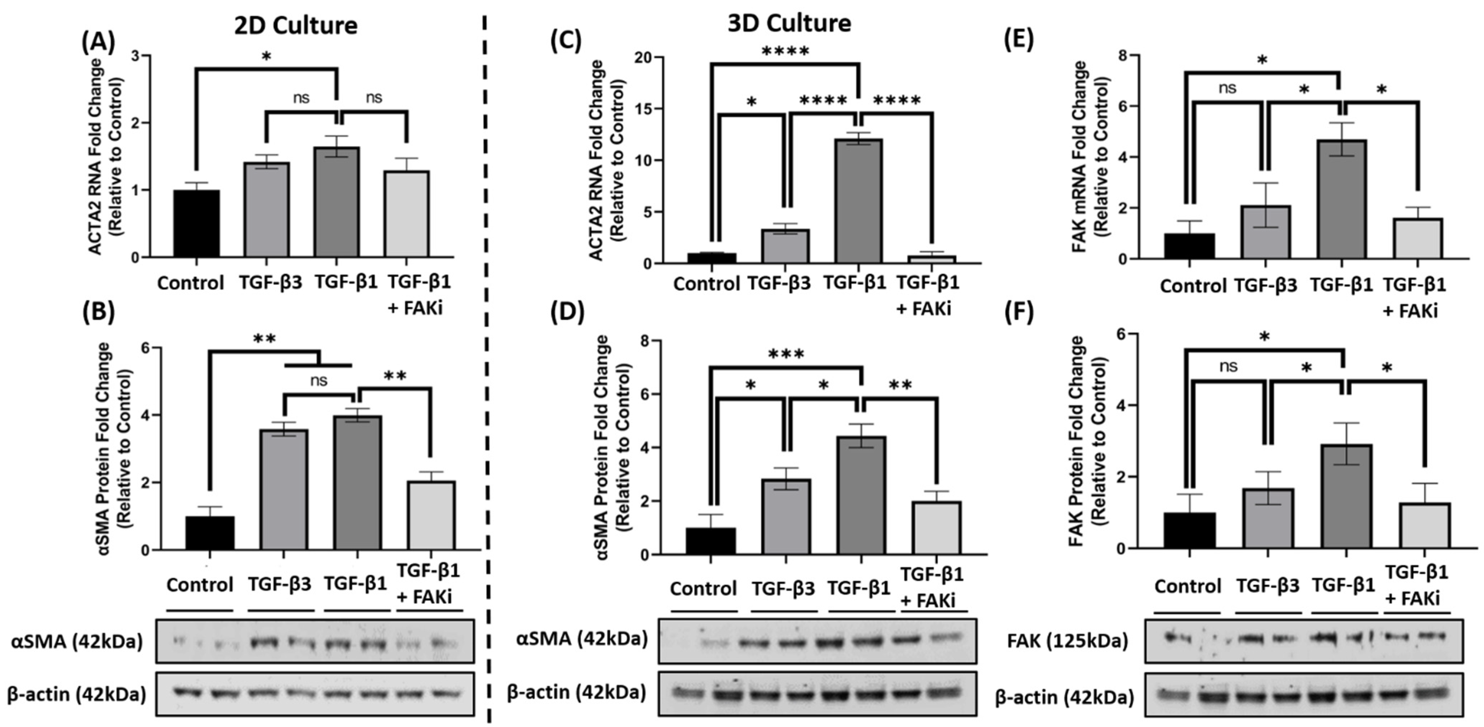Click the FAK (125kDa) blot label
tap(1068, 641)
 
